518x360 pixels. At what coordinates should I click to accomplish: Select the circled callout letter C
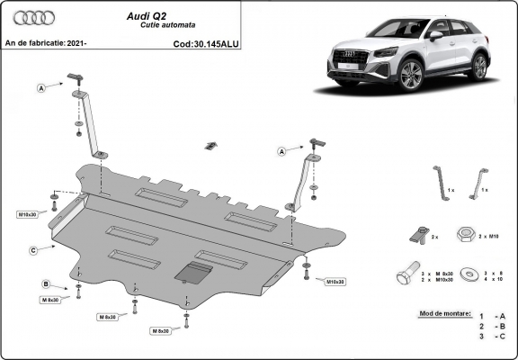pos(32,249)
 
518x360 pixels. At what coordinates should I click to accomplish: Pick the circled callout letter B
pos(46,284)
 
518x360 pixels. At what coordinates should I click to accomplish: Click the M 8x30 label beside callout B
pos(49,300)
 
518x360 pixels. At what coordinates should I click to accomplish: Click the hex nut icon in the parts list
pos(467,236)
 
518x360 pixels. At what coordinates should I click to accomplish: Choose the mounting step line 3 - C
pos(493,337)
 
